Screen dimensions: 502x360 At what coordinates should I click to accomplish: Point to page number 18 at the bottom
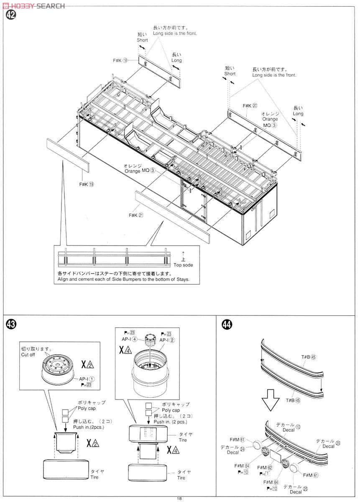179,498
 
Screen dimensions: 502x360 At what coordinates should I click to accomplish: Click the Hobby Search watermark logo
33,5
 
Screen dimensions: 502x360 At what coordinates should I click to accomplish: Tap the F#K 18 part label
120,60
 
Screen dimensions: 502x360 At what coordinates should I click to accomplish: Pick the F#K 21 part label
136,215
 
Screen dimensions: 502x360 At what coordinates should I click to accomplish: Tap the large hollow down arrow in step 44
270,401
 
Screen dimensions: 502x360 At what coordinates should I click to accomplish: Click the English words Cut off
29,355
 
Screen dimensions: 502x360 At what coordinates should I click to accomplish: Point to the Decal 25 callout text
296,489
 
